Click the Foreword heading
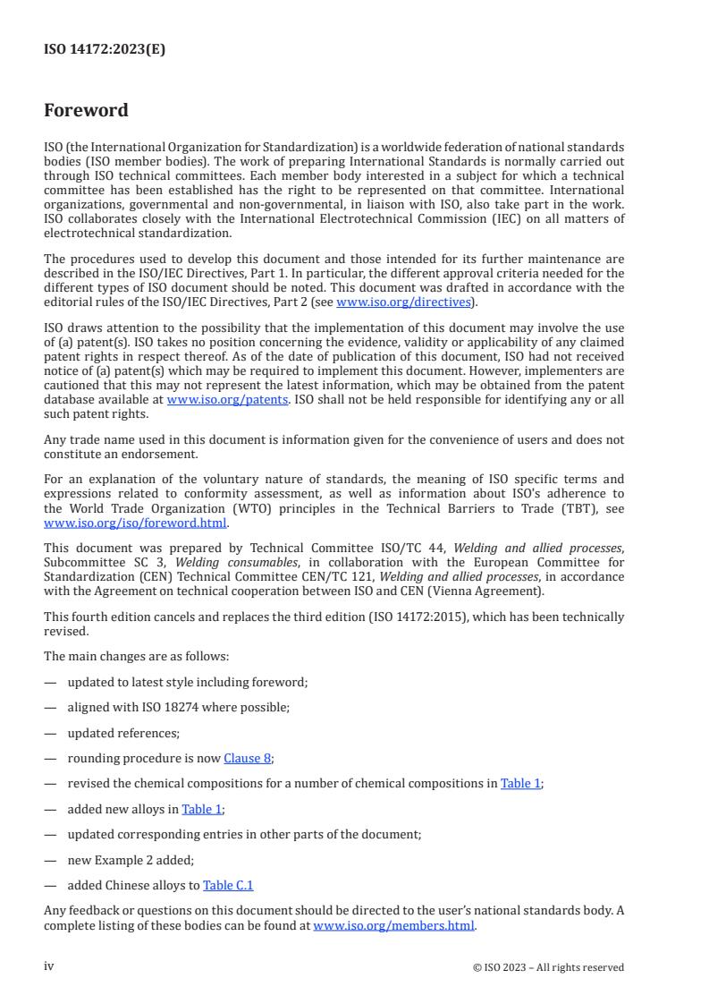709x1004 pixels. click(x=86, y=111)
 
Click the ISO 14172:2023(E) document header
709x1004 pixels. click(x=105, y=50)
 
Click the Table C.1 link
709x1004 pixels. click(x=228, y=885)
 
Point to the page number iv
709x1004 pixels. click(x=49, y=966)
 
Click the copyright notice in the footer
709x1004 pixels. click(x=548, y=967)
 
